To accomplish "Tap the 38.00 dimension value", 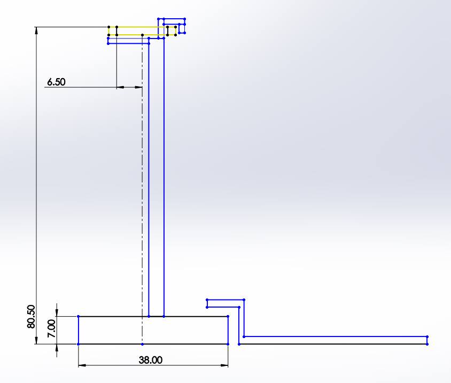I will pyautogui.click(x=151, y=360).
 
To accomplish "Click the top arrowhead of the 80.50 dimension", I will pyautogui.click(x=36, y=30).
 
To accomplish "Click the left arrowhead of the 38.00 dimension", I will pyautogui.click(x=82, y=365).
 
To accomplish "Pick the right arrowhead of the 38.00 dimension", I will pyautogui.click(x=225, y=365).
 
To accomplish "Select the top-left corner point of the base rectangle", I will pyautogui.click(x=79, y=317).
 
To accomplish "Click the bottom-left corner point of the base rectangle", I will pyautogui.click(x=79, y=344).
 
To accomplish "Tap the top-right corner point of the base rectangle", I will pyautogui.click(x=228, y=317).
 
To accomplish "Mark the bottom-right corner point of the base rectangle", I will pyautogui.click(x=228, y=344).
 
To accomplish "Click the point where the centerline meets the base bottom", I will pyautogui.click(x=142, y=344).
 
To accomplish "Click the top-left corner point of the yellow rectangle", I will pyautogui.click(x=108, y=27).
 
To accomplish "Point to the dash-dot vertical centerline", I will pyautogui.click(x=142, y=187).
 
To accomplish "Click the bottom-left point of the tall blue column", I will pyautogui.click(x=149, y=317).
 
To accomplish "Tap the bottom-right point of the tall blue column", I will pyautogui.click(x=164, y=317).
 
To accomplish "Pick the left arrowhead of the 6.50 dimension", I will pyautogui.click(x=120, y=87).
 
